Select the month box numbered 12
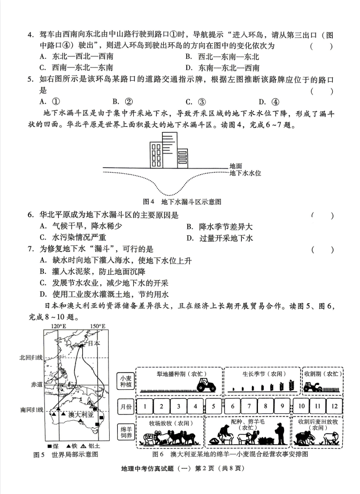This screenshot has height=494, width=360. [334, 406]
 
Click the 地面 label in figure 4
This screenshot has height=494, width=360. [235, 166]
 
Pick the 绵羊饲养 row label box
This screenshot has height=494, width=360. [124, 433]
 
